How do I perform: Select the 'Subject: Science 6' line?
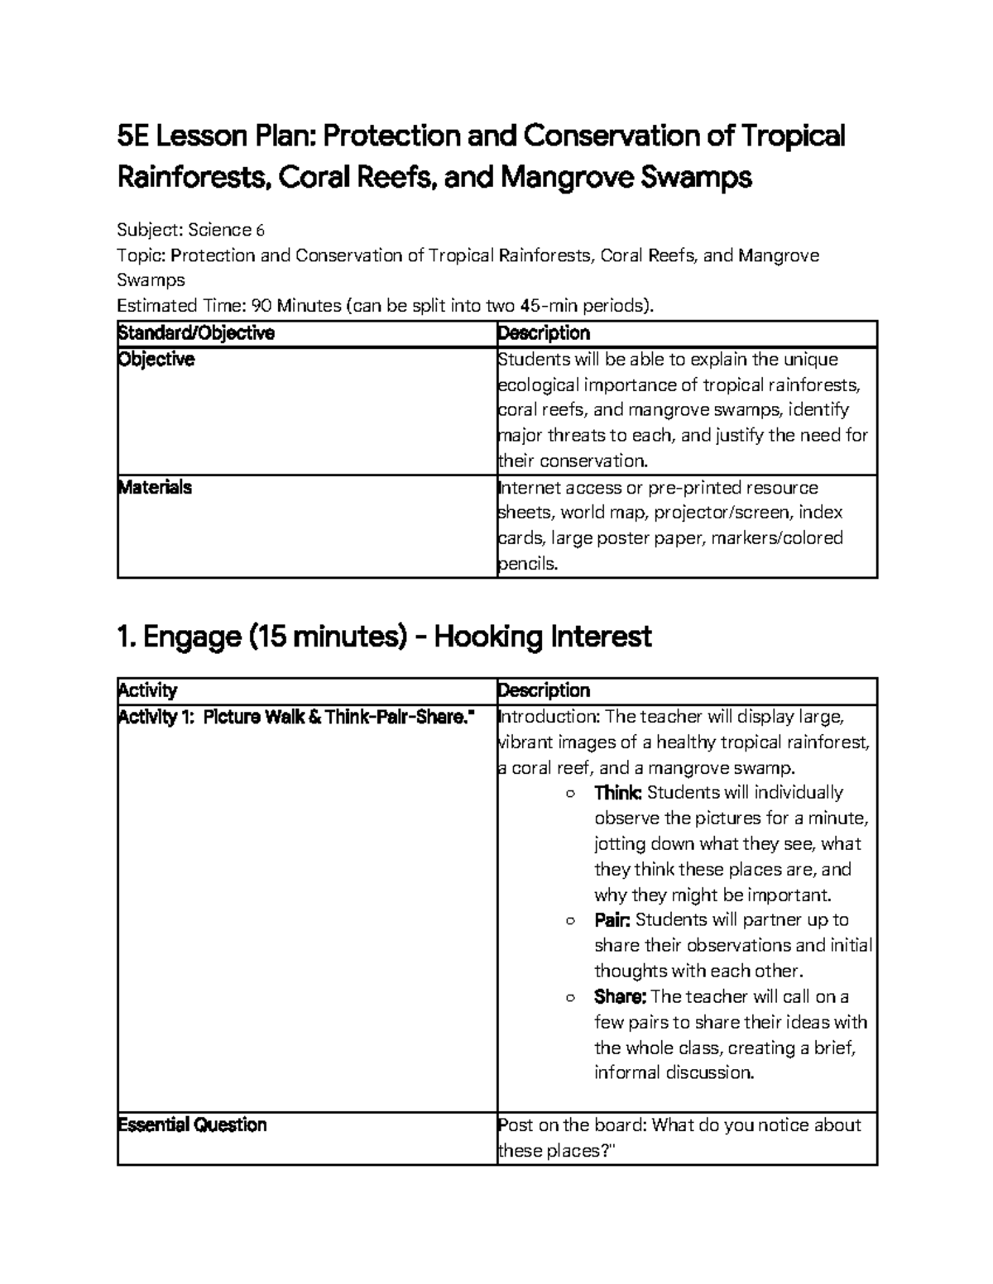(x=190, y=230)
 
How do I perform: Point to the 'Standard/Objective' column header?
(x=196, y=333)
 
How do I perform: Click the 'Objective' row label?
(x=156, y=360)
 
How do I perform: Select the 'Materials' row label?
(x=155, y=488)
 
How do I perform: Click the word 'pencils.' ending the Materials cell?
(x=528, y=565)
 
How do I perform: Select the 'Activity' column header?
(x=147, y=690)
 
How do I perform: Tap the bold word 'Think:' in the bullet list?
(x=617, y=793)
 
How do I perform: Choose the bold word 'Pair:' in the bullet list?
(x=612, y=920)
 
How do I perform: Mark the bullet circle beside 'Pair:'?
(x=569, y=921)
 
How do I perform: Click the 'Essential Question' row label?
(x=192, y=1125)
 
